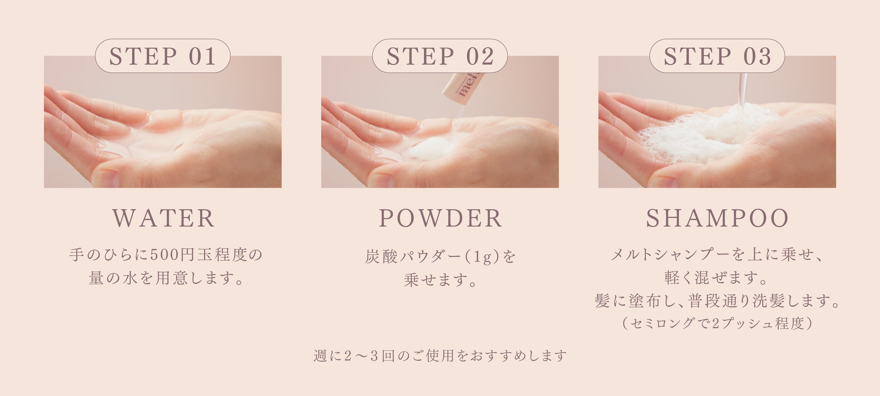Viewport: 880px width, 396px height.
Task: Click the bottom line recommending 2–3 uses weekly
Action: [x=440, y=356]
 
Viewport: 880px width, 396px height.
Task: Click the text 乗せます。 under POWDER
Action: [x=440, y=280]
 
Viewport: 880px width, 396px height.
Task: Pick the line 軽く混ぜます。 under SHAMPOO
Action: [x=717, y=277]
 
